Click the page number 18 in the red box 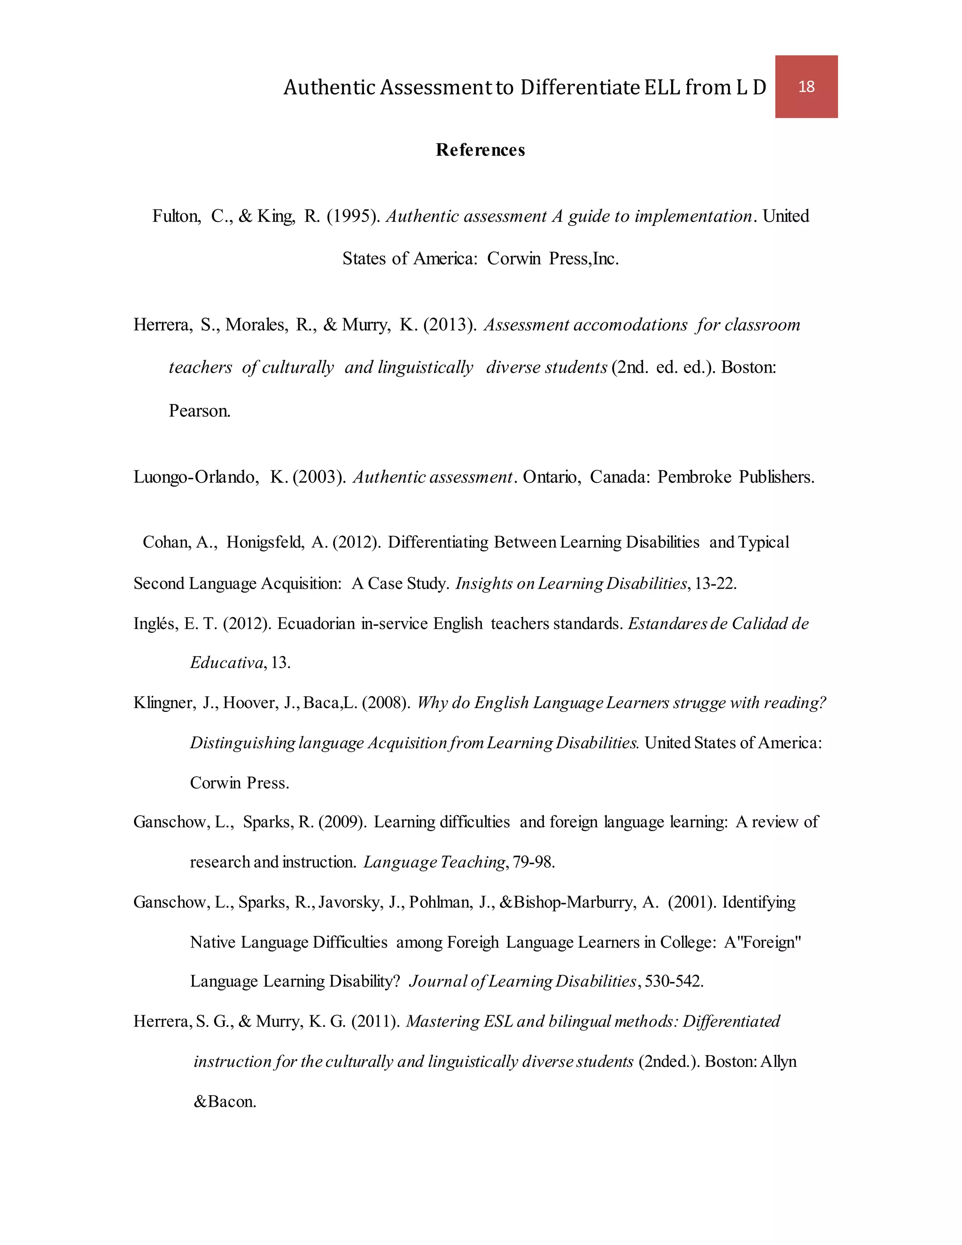(x=806, y=86)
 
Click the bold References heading (x=480, y=150)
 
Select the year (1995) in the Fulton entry (x=353, y=217)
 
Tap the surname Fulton (x=176, y=217)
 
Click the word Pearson (x=200, y=411)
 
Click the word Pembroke (x=694, y=476)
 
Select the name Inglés (x=155, y=623)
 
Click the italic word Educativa (x=227, y=662)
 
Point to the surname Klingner (x=164, y=703)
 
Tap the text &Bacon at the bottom (x=225, y=1101)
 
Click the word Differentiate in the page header (x=580, y=87)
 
